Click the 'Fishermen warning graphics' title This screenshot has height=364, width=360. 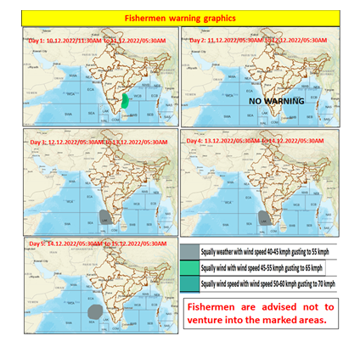(180, 17)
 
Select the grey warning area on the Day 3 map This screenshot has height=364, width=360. (105, 217)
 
